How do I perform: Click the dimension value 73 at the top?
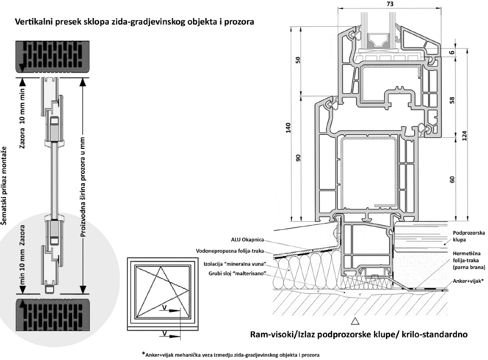[390, 5]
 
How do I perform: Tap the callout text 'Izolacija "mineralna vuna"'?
[231, 263]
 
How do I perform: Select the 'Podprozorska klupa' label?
[467, 237]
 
